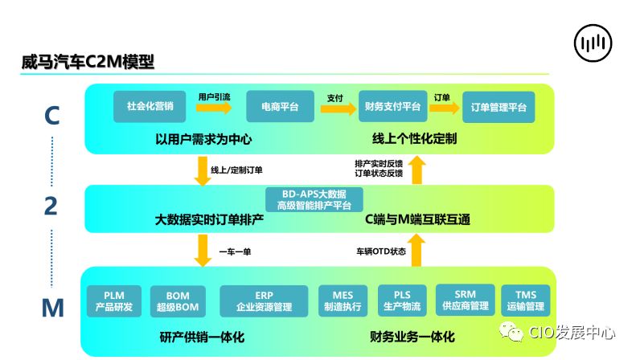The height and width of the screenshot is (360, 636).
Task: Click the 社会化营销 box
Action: [x=150, y=106]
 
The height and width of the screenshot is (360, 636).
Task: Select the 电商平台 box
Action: [x=279, y=106]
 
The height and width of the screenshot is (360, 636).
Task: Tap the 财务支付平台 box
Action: [x=392, y=106]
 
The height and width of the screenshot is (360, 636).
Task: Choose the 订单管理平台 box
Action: [x=499, y=106]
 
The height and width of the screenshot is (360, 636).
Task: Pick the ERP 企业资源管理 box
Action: [x=264, y=300]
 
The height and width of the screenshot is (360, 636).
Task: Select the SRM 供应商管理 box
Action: [x=465, y=300]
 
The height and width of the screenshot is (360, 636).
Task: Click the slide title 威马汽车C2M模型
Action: [x=88, y=63]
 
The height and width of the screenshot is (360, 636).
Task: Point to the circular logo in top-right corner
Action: [x=594, y=43]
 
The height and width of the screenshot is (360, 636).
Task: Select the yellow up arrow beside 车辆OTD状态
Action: [x=416, y=250]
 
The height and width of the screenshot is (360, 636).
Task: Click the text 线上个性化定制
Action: [x=415, y=139]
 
